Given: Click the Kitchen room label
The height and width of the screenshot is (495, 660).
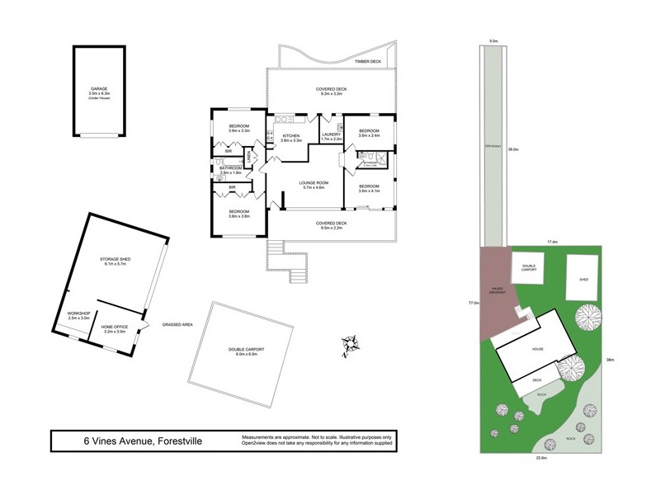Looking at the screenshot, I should coord(291,135).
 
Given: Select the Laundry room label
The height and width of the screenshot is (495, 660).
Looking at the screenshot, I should coord(332,135).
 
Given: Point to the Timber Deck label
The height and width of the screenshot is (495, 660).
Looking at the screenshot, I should coord(367,62).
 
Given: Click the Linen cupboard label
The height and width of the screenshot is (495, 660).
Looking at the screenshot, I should coord(250,154).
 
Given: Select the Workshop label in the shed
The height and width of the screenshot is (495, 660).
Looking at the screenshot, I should coord(78,313).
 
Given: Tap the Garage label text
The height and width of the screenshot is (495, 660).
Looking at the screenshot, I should coord(99,88).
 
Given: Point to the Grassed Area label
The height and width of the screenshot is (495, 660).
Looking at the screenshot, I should coord(177,325).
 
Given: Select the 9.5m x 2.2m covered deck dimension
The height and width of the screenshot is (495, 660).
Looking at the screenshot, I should coord(331,229).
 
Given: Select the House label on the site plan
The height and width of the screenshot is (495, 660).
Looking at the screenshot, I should coord(538,348).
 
